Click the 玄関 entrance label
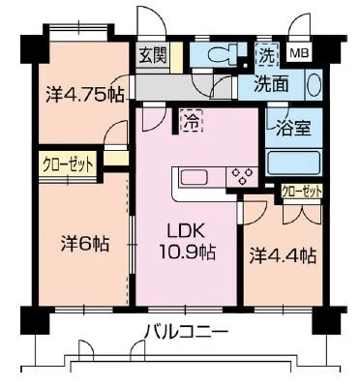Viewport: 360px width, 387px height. click(x=153, y=55)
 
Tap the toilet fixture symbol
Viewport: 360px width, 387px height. click(x=222, y=55)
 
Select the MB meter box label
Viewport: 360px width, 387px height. click(x=299, y=53)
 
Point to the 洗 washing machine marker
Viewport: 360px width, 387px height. click(x=268, y=55)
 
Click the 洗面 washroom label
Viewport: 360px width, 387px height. click(x=271, y=84)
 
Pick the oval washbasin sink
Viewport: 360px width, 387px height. click(x=314, y=85)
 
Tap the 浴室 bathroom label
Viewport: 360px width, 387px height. click(x=293, y=128)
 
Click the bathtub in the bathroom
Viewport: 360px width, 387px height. click(x=293, y=163)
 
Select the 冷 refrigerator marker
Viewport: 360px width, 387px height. click(x=193, y=121)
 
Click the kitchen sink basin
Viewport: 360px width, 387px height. click(x=195, y=178)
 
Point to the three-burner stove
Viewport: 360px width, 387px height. click(x=242, y=177)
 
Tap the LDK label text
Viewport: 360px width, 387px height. click(x=185, y=232)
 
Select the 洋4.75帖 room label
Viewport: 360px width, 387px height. click(x=85, y=95)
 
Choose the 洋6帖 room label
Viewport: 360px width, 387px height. click(x=85, y=244)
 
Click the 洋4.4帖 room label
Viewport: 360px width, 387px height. click(x=283, y=257)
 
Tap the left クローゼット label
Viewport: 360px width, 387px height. click(x=68, y=165)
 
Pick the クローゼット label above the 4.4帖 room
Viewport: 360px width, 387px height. click(x=302, y=193)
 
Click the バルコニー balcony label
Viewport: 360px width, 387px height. click(x=186, y=331)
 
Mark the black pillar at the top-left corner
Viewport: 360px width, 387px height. click(x=35, y=49)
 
